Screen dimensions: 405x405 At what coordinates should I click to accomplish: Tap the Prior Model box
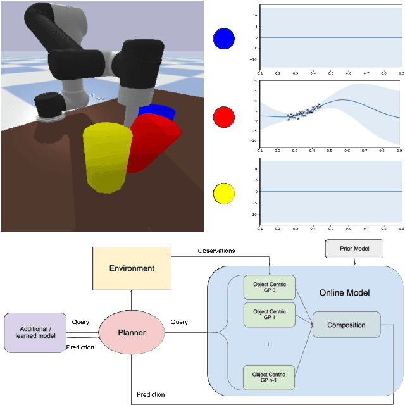[354, 249]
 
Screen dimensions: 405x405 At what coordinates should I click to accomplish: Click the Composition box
[346, 325]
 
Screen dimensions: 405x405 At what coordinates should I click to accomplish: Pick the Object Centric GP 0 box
[270, 287]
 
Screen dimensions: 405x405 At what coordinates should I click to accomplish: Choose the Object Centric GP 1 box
[270, 315]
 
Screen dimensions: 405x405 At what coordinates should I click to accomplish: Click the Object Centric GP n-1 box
[270, 376]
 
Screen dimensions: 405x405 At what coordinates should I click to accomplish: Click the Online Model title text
[345, 292]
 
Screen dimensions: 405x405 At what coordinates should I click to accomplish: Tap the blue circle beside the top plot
[224, 39]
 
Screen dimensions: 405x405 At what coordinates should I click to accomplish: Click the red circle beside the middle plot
[224, 117]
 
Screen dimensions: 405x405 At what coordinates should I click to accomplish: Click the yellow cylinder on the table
[106, 157]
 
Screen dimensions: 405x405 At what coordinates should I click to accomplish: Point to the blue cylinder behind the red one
[154, 111]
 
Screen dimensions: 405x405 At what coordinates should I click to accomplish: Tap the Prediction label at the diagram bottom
[151, 395]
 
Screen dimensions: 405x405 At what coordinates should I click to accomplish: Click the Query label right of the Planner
[179, 321]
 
